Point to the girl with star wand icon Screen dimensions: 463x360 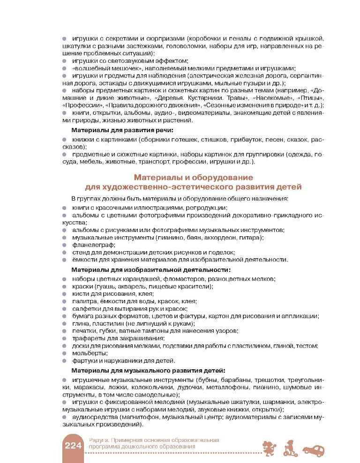coord(271,447)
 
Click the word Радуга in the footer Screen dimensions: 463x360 coord(97,440)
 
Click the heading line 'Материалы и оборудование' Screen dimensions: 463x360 coord(194,178)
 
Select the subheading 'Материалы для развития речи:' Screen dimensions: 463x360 coord(122,130)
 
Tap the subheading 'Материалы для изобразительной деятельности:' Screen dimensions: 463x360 coord(150,270)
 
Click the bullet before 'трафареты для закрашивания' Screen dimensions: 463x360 coord(65,338)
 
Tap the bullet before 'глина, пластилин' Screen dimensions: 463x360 coord(65,324)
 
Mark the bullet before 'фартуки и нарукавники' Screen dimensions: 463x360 coord(65,360)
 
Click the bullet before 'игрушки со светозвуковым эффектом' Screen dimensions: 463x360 coord(65,61)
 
